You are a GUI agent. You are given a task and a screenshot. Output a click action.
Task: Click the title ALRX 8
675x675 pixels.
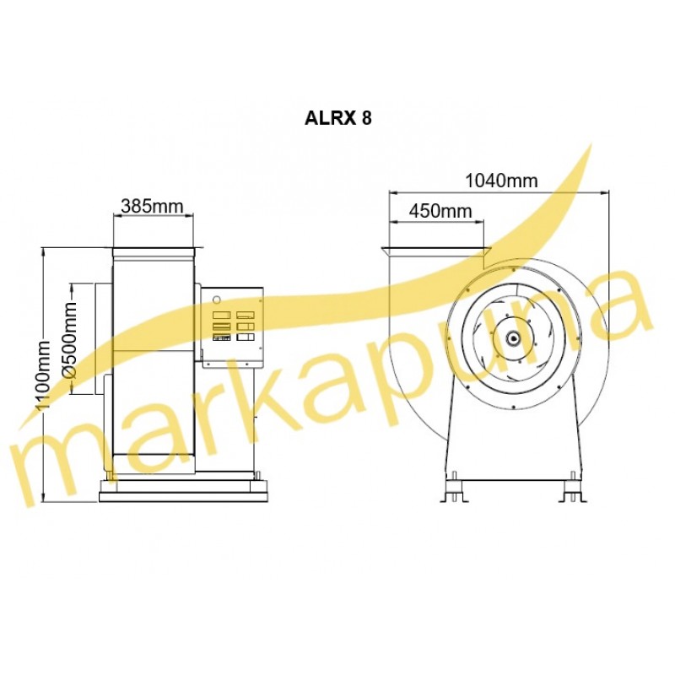coord(338,118)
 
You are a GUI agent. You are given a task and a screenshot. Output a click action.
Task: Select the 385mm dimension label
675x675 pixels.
coord(152,206)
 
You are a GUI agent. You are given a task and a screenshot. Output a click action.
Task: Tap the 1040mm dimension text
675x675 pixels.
coord(501,181)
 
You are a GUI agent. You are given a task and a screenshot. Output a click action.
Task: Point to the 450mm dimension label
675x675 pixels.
coord(440,211)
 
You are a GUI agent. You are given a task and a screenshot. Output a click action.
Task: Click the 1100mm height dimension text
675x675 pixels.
coord(44,375)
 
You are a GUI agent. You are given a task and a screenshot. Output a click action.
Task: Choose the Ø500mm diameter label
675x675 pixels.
coord(69,340)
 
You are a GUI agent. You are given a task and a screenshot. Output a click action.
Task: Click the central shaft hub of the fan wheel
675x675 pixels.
coord(513,338)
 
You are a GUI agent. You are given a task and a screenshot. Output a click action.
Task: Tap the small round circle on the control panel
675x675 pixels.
coord(217,299)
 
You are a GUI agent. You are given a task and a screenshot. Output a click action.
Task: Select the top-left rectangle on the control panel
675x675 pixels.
coord(222,315)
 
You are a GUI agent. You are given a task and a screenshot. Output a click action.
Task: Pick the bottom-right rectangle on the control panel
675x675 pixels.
coord(246,337)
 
